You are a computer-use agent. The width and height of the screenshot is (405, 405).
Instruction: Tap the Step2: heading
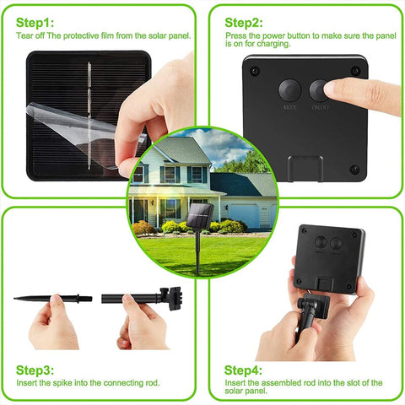click(245, 21)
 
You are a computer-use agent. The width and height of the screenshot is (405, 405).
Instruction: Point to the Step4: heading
click(245, 370)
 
